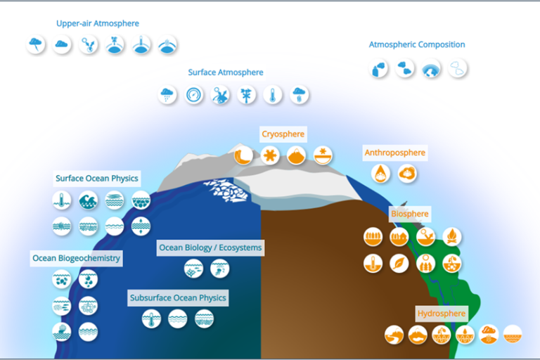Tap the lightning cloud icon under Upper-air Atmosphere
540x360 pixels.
(35, 46)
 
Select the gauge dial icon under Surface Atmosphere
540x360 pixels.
(194, 95)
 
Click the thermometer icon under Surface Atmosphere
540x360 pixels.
(273, 95)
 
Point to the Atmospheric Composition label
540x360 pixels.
(417, 45)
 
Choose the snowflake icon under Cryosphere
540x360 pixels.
(269, 155)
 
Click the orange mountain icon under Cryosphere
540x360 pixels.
(296, 155)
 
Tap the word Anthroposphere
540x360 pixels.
(394, 153)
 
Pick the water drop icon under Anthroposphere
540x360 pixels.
(381, 173)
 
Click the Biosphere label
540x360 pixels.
(409, 214)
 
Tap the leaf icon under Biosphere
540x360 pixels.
(399, 264)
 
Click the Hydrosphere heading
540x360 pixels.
(442, 314)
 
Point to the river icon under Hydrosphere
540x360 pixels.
(394, 334)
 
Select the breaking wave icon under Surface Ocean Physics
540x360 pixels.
(88, 200)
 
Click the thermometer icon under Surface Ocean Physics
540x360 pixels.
(62, 200)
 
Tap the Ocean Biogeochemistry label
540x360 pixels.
(76, 258)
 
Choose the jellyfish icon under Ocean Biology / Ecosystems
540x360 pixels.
(219, 268)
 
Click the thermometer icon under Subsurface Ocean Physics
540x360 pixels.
(151, 319)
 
